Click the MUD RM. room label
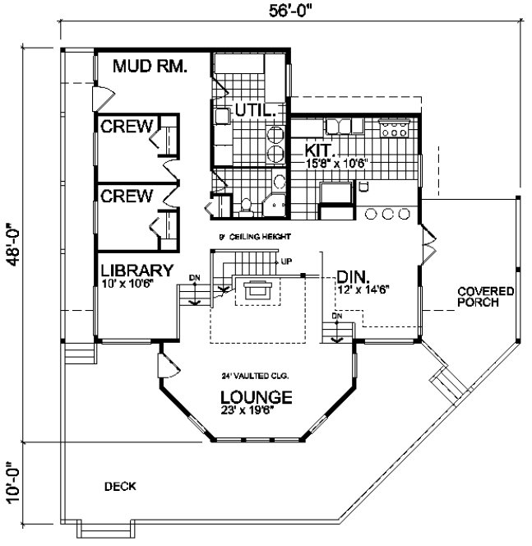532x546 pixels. pos(150,67)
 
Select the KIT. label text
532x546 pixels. pos(318,150)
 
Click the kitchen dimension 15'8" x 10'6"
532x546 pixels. pos(336,163)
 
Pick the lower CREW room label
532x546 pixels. pos(127,196)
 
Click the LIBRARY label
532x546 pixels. pos(136,270)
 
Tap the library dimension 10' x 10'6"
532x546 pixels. pos(132,284)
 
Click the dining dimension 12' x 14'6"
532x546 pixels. pos(363,289)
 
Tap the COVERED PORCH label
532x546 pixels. pos(486,297)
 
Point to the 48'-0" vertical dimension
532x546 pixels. pos(12,243)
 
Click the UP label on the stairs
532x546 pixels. pos(286,261)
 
